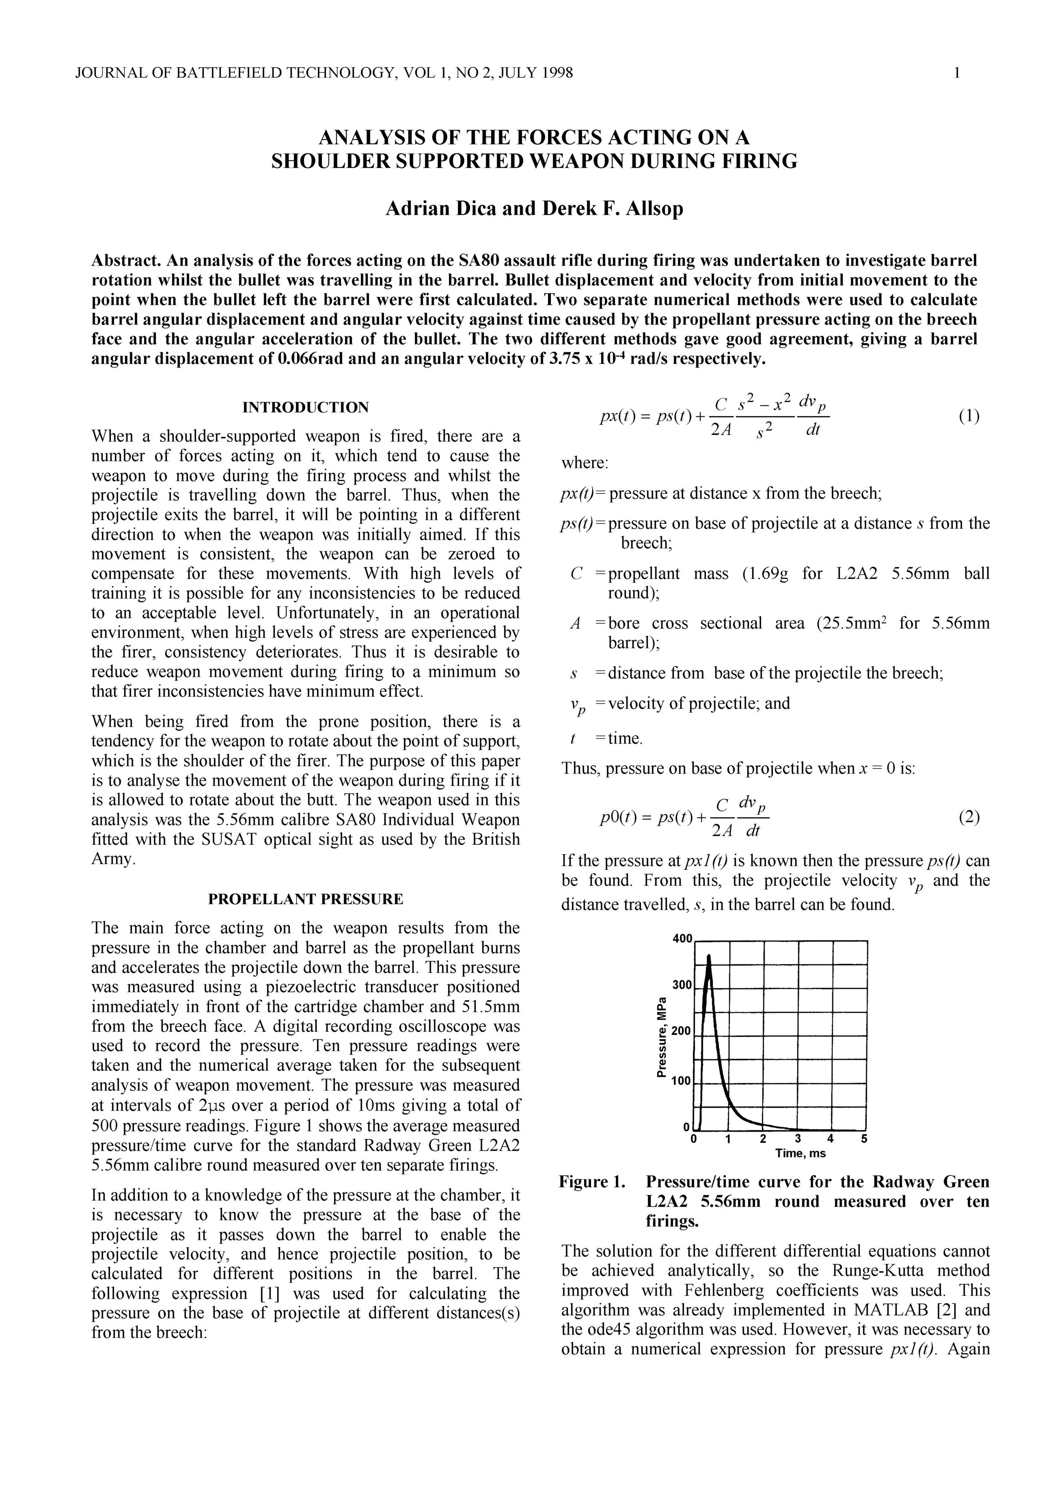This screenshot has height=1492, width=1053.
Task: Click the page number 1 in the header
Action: (x=956, y=73)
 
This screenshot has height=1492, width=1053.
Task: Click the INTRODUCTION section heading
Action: (x=305, y=408)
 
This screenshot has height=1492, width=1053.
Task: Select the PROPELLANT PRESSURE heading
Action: (x=305, y=899)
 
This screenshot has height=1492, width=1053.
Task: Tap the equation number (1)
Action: (x=968, y=416)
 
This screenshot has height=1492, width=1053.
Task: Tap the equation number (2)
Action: (x=968, y=817)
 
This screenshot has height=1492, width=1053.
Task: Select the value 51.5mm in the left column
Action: (x=487, y=1007)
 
